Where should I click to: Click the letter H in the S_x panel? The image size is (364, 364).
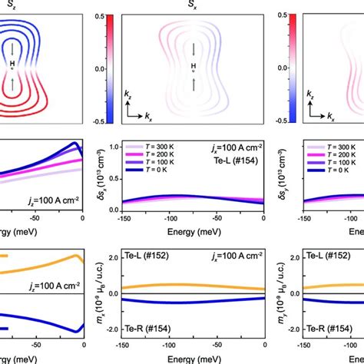click(x=195, y=67)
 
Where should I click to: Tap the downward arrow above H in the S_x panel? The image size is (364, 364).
click(x=195, y=50)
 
